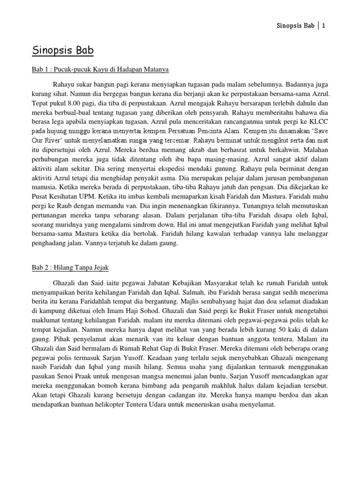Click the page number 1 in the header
(x=323, y=26)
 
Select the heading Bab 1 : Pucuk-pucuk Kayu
(x=100, y=69)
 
